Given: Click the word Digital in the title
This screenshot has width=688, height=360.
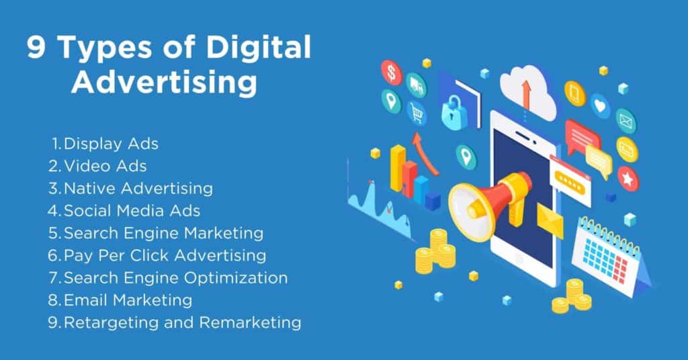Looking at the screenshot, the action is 259,47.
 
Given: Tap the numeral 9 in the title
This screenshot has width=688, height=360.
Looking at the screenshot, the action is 36,47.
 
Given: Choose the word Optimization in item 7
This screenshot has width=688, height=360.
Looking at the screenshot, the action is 236,279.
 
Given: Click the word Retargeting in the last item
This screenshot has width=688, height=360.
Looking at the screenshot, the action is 112,323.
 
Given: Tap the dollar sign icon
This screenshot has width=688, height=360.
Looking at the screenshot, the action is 392,73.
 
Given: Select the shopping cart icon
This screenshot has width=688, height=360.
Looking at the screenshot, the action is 417,113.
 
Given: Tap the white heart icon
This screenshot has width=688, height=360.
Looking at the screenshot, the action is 599,105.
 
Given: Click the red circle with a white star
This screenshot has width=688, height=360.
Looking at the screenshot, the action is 628,179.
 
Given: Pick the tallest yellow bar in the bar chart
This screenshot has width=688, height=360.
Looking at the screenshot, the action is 398,168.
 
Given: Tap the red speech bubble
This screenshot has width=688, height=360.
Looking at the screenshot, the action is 580,136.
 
